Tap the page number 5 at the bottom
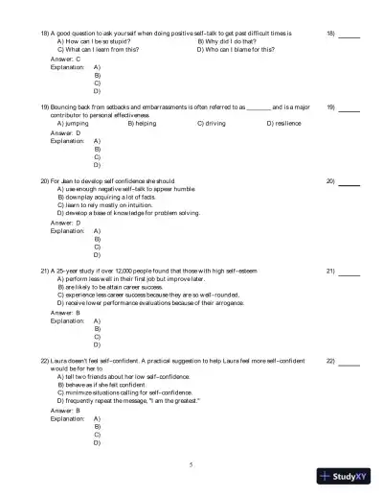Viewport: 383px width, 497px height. (x=191, y=463)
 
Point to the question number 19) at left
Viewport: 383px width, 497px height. (x=45, y=106)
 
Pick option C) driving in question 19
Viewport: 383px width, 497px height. (x=218, y=124)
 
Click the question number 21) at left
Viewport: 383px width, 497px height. (x=45, y=271)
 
